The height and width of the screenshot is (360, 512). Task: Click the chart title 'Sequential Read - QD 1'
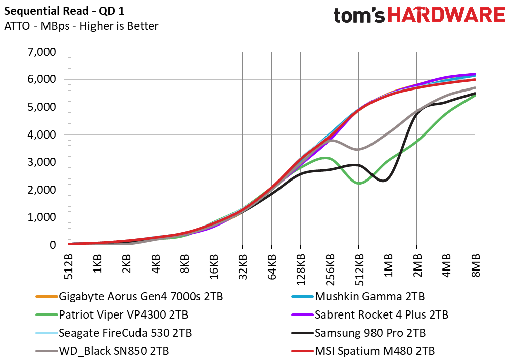point(64,11)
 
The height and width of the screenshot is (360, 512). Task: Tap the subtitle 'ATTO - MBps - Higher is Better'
point(81,26)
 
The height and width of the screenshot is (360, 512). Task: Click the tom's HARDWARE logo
point(420,15)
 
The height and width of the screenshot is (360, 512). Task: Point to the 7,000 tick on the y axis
point(41,52)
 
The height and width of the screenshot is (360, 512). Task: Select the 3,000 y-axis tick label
point(41,162)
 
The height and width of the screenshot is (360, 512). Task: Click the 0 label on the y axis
point(53,245)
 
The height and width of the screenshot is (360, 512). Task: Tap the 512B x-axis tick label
point(68,266)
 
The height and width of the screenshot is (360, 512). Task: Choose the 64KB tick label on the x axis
point(271,267)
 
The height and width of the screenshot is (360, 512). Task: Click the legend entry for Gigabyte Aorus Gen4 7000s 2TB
point(129,297)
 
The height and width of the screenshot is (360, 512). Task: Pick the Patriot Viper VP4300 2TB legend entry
point(112,315)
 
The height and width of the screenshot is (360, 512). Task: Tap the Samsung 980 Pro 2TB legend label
point(358,333)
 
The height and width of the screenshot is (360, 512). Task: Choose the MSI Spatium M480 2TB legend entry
point(363,351)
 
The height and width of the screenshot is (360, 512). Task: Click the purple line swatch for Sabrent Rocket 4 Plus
point(302,315)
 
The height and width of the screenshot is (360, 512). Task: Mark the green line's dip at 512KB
point(359,183)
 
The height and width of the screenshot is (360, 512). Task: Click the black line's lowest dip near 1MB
point(384,181)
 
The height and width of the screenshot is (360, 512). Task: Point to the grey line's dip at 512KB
point(358,149)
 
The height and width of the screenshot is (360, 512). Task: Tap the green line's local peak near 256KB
point(325,158)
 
